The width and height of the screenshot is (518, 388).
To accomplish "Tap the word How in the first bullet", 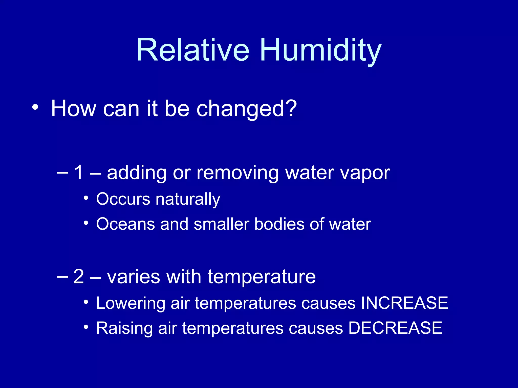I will click(x=73, y=108).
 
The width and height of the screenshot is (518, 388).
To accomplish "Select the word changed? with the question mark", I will click(x=247, y=109).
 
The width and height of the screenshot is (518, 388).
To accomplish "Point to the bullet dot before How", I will click(x=35, y=107).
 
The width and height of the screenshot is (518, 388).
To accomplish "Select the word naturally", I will click(x=188, y=199).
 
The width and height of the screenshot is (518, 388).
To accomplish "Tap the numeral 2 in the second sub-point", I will click(x=78, y=276).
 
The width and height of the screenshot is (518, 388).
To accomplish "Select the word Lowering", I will click(x=131, y=303).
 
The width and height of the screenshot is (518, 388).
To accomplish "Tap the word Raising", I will click(x=124, y=328).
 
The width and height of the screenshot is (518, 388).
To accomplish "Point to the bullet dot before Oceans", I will click(x=86, y=223).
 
